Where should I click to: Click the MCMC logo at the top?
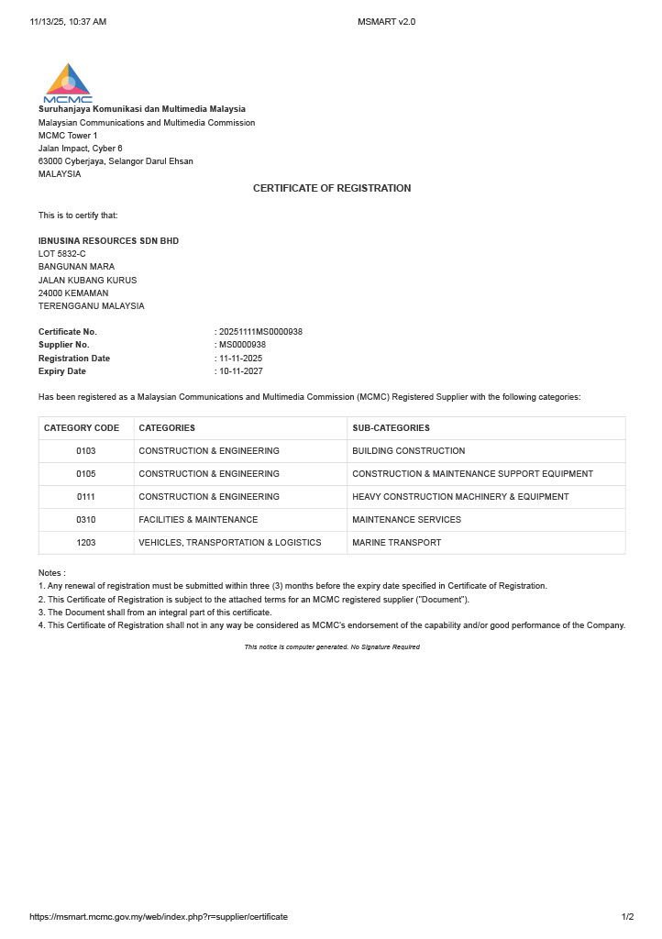click(x=68, y=83)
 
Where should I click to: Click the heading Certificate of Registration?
click(x=332, y=188)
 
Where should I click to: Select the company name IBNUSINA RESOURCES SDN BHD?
click(x=108, y=241)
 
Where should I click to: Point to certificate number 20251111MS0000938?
click(x=260, y=332)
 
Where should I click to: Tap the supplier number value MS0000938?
click(x=242, y=345)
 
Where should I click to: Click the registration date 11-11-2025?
click(x=240, y=359)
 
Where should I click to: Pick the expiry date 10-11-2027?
click(x=240, y=371)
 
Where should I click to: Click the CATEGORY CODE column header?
click(x=82, y=428)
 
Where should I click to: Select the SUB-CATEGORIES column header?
click(x=391, y=428)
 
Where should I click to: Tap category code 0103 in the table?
click(x=86, y=451)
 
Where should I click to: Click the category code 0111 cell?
click(x=86, y=497)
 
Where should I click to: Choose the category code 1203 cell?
click(x=86, y=543)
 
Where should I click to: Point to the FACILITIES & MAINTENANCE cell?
click(x=198, y=520)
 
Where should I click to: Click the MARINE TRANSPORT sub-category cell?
click(x=396, y=543)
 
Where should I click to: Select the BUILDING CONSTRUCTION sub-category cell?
click(x=408, y=451)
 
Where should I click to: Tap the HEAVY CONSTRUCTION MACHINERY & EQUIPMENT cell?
click(x=460, y=497)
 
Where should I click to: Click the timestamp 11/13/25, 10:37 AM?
click(x=68, y=21)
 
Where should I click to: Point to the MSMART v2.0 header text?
click(x=386, y=21)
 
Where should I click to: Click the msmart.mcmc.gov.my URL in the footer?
click(x=159, y=917)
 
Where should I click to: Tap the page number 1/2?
click(x=627, y=917)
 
